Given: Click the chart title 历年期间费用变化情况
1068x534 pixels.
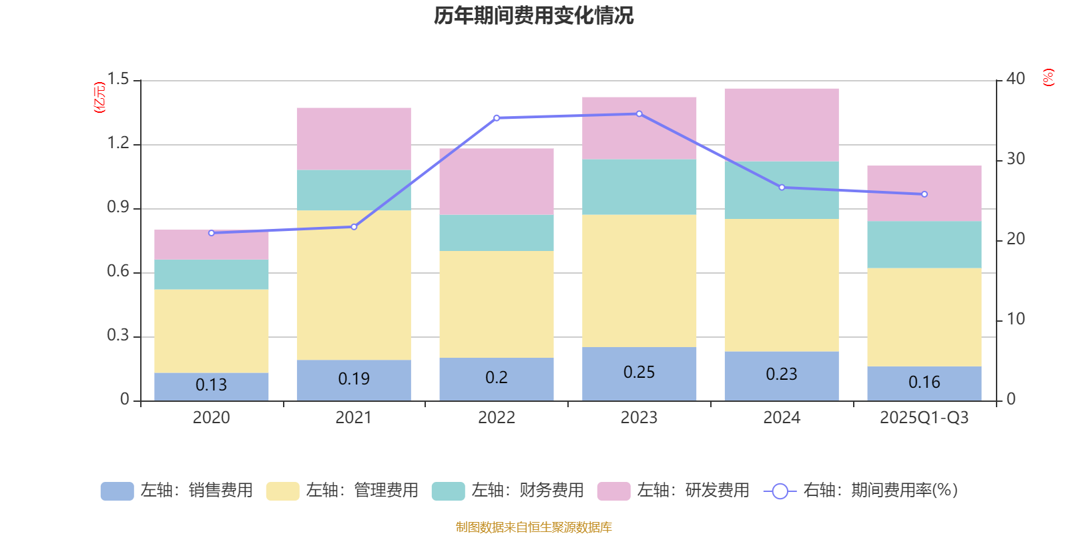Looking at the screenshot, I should point(533,15).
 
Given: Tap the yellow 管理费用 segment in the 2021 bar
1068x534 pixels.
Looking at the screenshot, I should point(354,285).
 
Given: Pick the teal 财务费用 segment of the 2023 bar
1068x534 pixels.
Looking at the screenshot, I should point(639,187).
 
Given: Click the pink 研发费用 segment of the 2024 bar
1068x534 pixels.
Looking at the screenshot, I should point(782,125).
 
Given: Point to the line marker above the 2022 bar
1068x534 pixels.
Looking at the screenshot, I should point(497,118).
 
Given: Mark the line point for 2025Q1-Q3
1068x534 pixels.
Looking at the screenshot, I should point(924,194).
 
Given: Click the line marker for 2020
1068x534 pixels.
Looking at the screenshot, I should point(212,233).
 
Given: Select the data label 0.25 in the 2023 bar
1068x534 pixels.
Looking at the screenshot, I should point(639,372).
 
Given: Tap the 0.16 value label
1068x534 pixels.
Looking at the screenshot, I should point(924,382).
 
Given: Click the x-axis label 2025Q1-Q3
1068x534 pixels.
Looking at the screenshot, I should point(924,418).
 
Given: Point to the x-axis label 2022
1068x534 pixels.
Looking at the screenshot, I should point(497,418).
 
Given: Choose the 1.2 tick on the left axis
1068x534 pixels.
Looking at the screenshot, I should point(118,144).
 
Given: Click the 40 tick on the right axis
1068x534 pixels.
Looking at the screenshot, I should point(1015,79).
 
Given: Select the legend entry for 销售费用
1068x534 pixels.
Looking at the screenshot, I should point(177,491).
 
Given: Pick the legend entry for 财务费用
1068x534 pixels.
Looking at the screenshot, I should point(508,491).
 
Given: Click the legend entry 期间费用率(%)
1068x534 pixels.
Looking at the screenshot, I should point(861,491).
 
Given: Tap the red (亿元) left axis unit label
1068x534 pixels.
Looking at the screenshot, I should point(99,97).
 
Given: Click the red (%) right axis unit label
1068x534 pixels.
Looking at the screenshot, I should point(1048,77).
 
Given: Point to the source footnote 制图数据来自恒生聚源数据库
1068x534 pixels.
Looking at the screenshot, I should point(533,527).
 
